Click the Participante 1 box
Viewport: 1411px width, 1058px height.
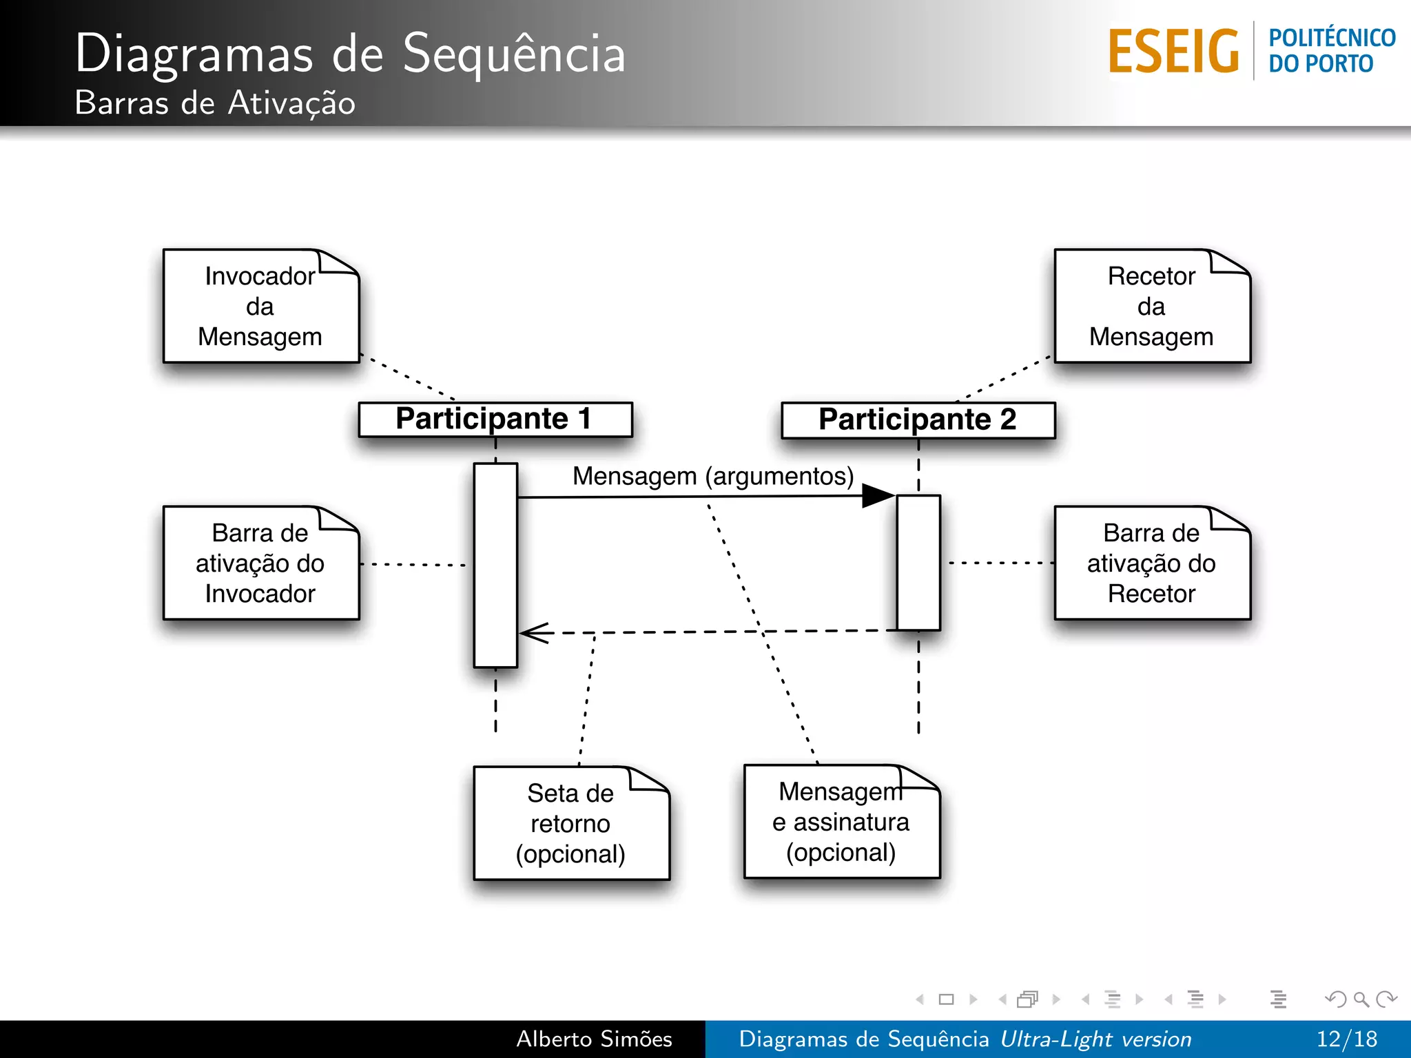point(495,419)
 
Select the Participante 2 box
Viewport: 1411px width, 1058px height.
point(918,420)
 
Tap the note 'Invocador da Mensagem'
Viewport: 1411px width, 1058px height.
point(260,307)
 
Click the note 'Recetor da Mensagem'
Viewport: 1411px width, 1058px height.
point(1151,307)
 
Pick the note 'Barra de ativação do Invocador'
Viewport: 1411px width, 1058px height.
point(260,563)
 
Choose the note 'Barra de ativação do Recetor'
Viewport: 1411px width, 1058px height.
point(1151,563)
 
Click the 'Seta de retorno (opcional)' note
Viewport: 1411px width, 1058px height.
point(570,824)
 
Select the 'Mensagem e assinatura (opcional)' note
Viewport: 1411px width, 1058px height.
point(841,822)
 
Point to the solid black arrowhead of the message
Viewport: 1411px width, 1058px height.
point(878,496)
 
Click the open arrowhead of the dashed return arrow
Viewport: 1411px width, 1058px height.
point(533,632)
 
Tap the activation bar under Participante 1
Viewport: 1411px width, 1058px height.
point(495,565)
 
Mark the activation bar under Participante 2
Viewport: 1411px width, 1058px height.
point(918,562)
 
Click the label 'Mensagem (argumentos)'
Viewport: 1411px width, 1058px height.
point(713,476)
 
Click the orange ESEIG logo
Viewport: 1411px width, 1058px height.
point(1173,52)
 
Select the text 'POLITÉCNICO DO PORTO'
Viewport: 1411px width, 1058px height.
point(1331,50)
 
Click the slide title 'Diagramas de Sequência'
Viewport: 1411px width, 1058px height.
point(350,53)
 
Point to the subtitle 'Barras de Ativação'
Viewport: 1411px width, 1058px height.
point(215,103)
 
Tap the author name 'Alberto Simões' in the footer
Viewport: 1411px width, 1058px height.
point(594,1039)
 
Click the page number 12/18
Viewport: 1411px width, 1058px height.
point(1346,1039)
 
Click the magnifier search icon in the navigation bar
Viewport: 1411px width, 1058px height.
point(1361,999)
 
